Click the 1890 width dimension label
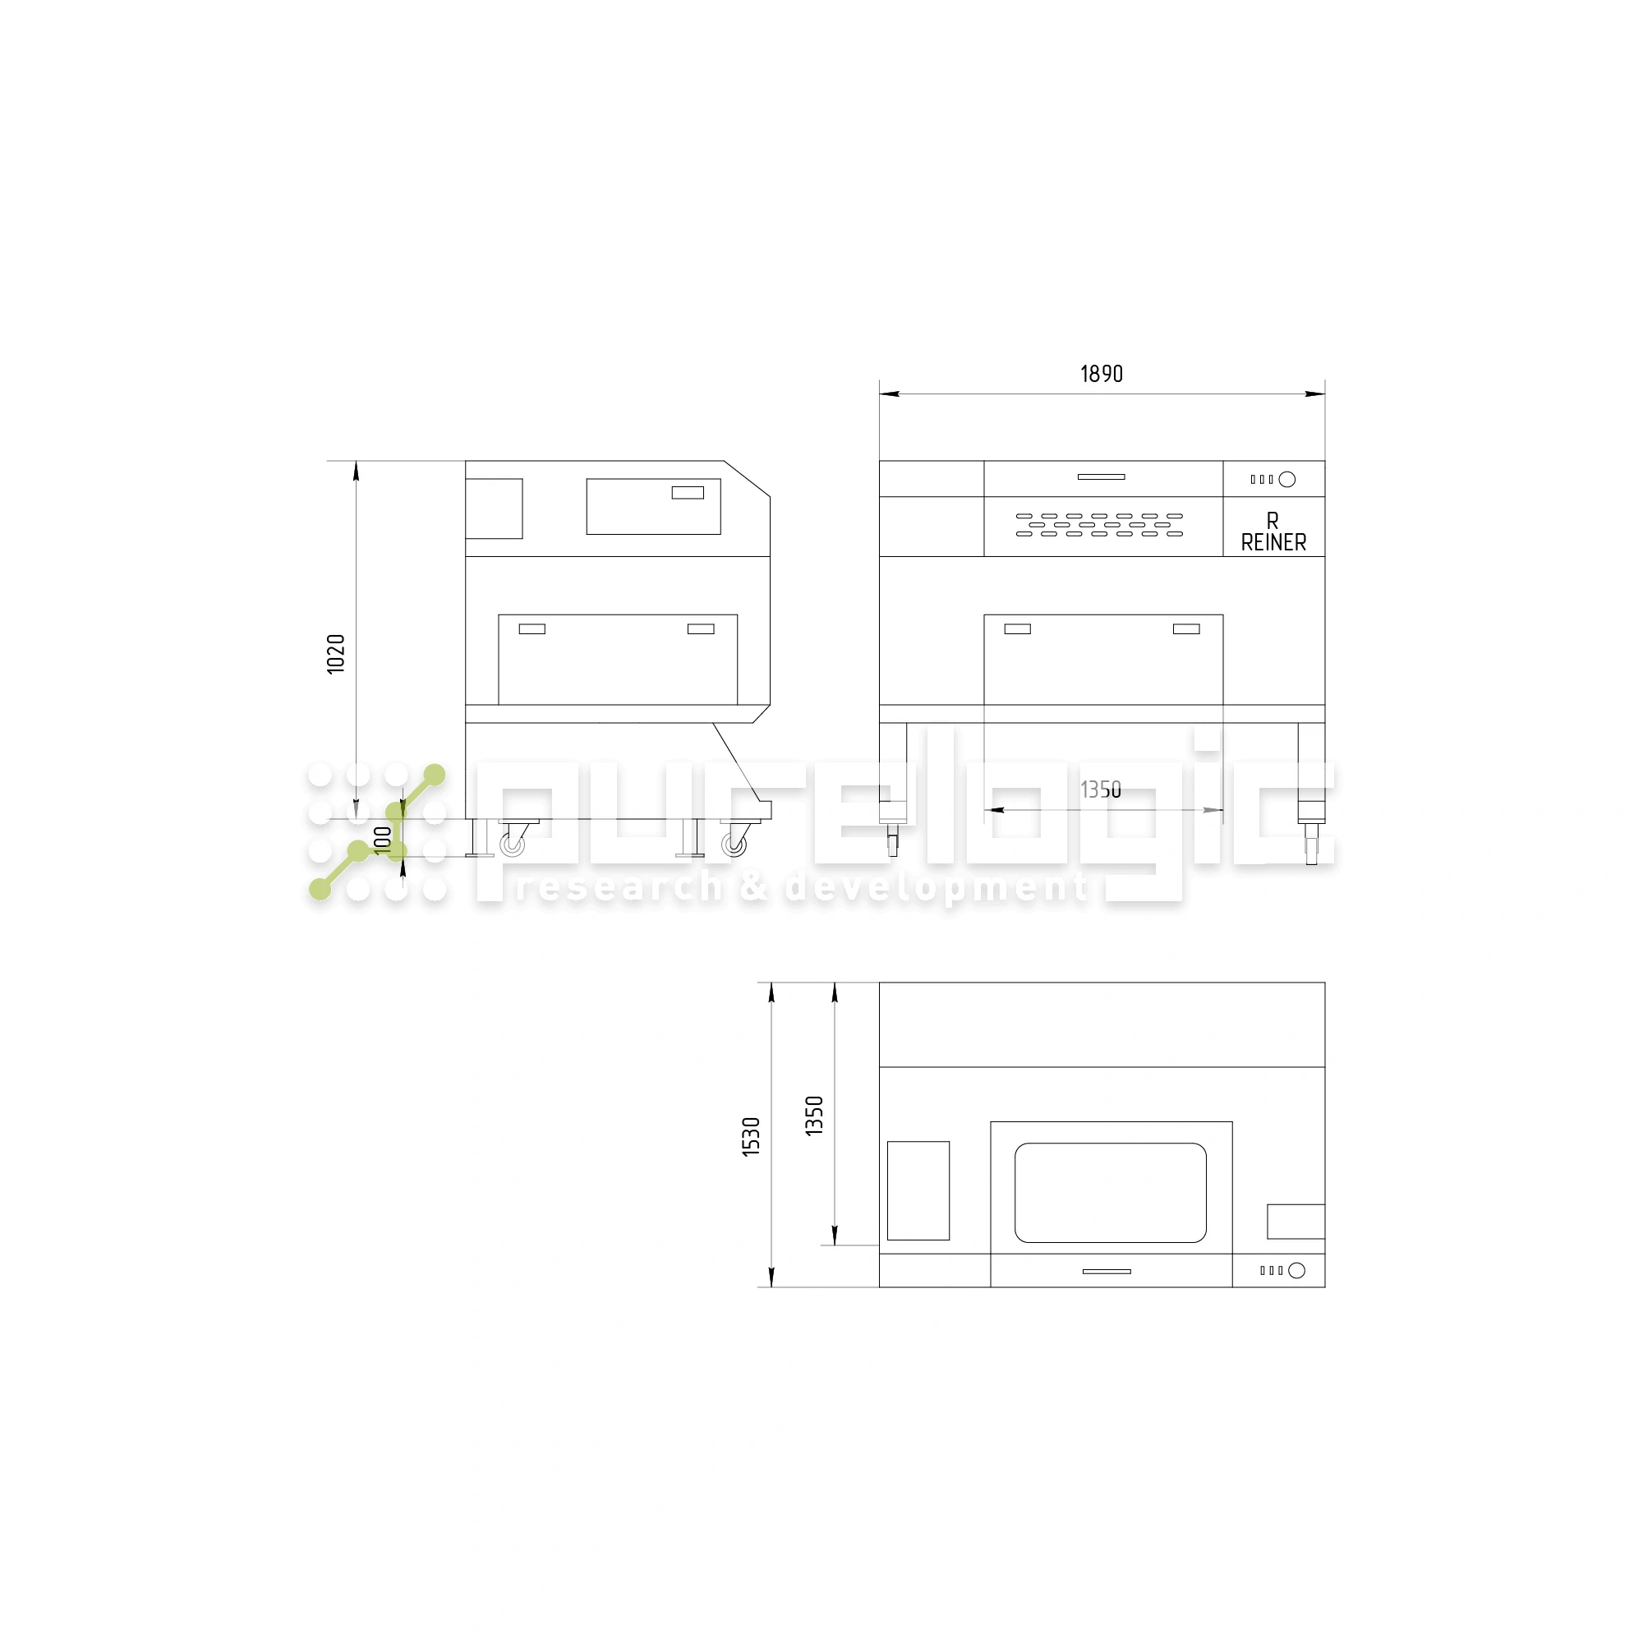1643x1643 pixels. click(1102, 374)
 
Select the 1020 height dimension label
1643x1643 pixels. click(337, 654)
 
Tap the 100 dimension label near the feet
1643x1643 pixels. click(384, 839)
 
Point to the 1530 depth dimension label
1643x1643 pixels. click(751, 1136)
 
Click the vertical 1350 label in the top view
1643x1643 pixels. click(815, 1116)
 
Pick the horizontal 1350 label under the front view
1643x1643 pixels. click(1101, 790)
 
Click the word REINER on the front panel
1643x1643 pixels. click(1273, 542)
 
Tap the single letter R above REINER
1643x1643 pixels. click(1273, 521)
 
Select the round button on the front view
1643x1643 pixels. click(1287, 480)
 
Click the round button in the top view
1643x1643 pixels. click(1297, 1271)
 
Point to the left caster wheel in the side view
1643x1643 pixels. click(512, 845)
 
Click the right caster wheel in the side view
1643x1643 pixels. click(734, 845)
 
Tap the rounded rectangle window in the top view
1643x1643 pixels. click(1110, 1192)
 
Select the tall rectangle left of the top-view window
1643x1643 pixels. click(918, 1190)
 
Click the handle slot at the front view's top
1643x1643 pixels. click(1102, 477)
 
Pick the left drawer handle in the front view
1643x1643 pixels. click(1017, 629)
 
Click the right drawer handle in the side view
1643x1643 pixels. click(701, 629)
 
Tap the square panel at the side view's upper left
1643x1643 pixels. click(494, 509)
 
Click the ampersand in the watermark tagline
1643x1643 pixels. click(753, 888)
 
